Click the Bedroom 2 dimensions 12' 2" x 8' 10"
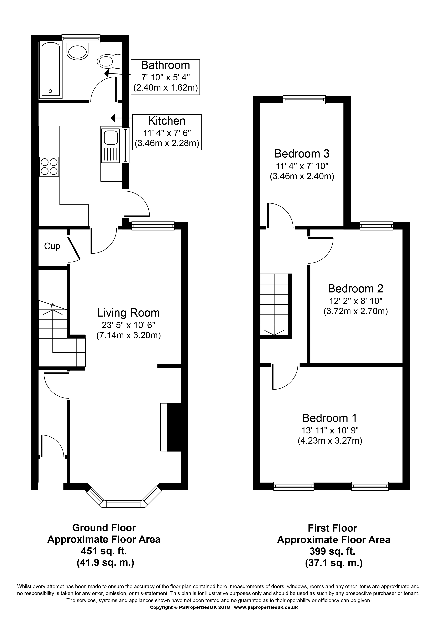pos(356,301)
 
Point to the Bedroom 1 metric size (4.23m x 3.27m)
pos(330,440)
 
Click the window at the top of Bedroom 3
pos(304,100)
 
